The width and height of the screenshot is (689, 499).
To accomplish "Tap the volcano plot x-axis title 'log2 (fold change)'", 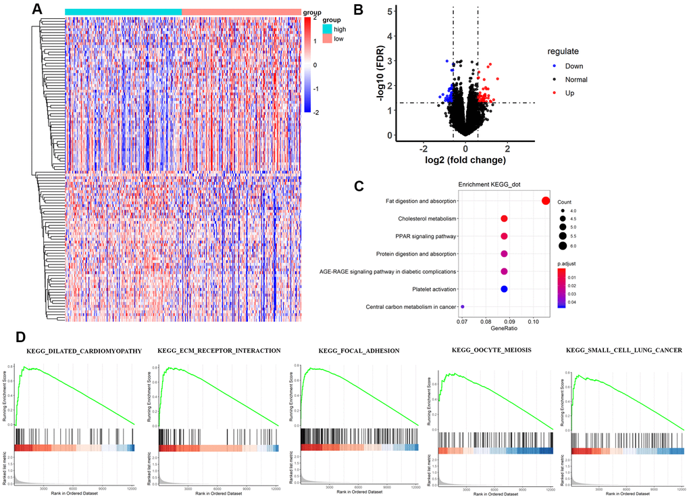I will coord(465,160).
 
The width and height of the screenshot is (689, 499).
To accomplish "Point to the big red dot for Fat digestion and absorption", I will coord(546,201).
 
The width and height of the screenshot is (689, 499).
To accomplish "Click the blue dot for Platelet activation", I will coord(504,289).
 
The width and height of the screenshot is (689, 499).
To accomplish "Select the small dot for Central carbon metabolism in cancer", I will coord(463,307).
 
